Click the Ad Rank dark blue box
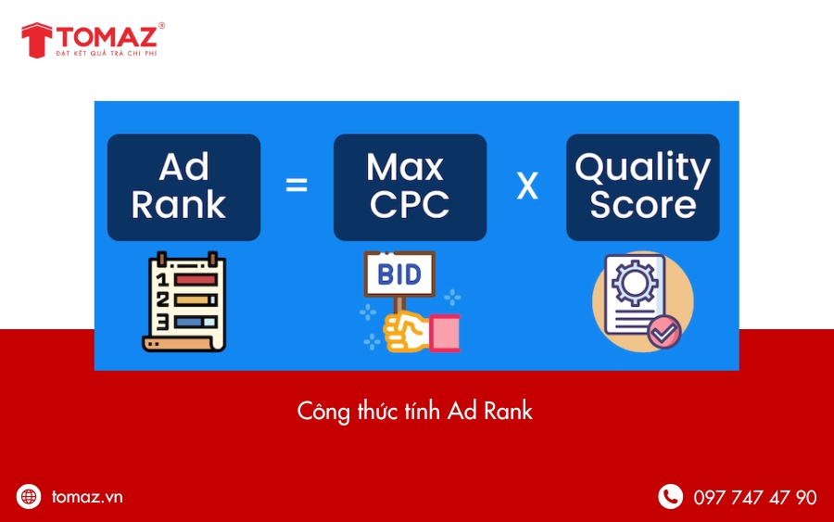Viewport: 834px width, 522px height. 183,187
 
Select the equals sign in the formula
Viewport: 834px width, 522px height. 296,185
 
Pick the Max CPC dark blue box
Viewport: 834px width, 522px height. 410,187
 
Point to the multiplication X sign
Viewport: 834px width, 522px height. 526,186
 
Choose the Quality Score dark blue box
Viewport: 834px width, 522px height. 642,187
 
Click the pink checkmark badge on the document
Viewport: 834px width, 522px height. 663,331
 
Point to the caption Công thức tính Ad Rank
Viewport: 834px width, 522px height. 415,411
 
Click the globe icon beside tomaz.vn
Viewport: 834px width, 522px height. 29,497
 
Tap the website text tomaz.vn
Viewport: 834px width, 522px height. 87,497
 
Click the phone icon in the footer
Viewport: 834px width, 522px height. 670,497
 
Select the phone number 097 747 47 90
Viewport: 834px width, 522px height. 755,498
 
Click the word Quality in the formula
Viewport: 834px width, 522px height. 642,168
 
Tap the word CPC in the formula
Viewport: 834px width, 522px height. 410,205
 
